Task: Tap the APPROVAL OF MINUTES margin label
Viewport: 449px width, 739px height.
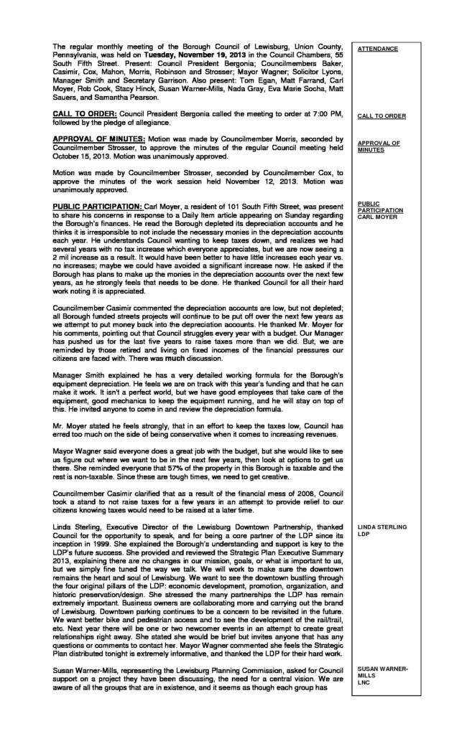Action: click(x=379, y=146)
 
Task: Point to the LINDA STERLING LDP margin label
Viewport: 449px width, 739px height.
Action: click(x=381, y=531)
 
